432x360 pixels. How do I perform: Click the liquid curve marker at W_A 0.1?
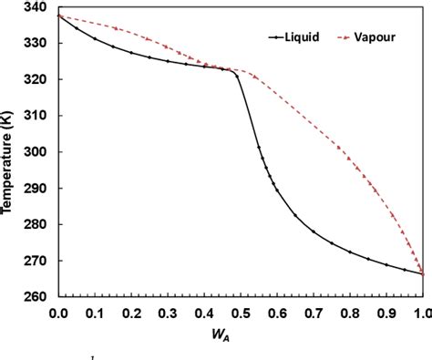(94, 38)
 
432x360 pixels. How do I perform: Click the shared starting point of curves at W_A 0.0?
(57, 15)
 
